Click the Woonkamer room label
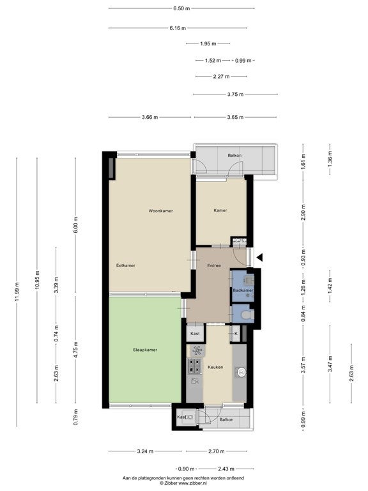pyautogui.click(x=160, y=211)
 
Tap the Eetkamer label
pyautogui.click(x=125, y=265)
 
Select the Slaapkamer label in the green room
pyautogui.click(x=145, y=350)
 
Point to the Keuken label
pyautogui.click(x=215, y=367)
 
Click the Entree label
pyautogui.click(x=214, y=265)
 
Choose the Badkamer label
pyautogui.click(x=243, y=290)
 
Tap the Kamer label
pyautogui.click(x=220, y=210)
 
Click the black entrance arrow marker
pyautogui.click(x=260, y=258)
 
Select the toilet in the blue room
pyautogui.click(x=249, y=315)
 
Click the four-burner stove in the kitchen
pyautogui.click(x=194, y=366)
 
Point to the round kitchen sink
pyautogui.click(x=241, y=372)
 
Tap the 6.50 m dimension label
pyautogui.click(x=181, y=8)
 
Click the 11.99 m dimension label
pyautogui.click(x=17, y=292)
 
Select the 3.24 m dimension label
pyautogui.click(x=145, y=451)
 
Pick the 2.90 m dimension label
pyautogui.click(x=303, y=212)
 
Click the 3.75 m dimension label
pyautogui.click(x=235, y=94)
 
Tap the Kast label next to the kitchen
pyautogui.click(x=195, y=334)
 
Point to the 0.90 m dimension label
pyautogui.click(x=186, y=469)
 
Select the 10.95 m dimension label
pyautogui.click(x=37, y=279)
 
